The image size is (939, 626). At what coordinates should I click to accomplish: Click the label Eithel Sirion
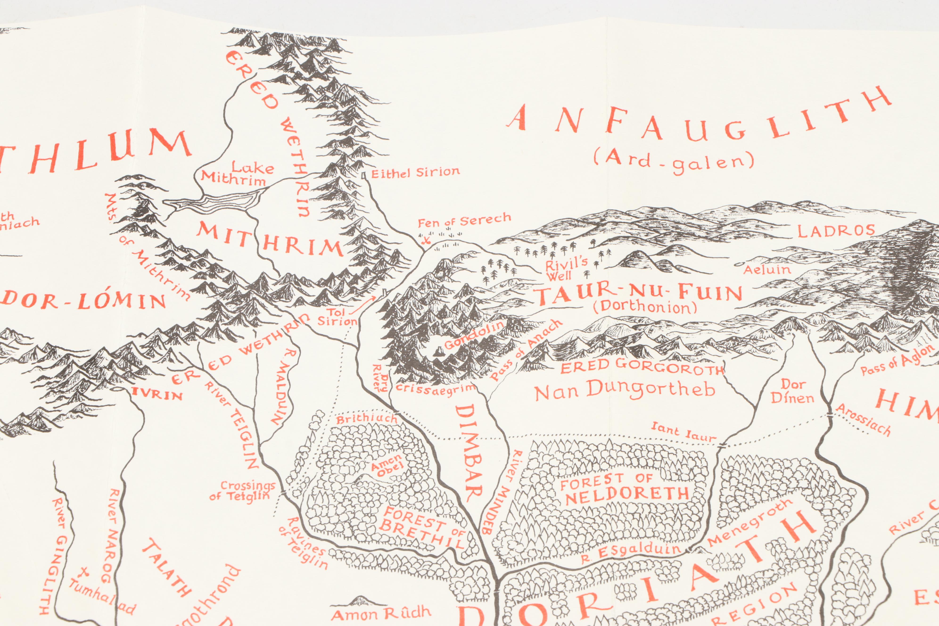click(x=415, y=173)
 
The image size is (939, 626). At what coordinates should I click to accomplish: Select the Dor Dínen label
click(x=792, y=391)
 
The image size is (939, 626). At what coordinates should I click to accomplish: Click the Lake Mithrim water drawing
click(x=216, y=201)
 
